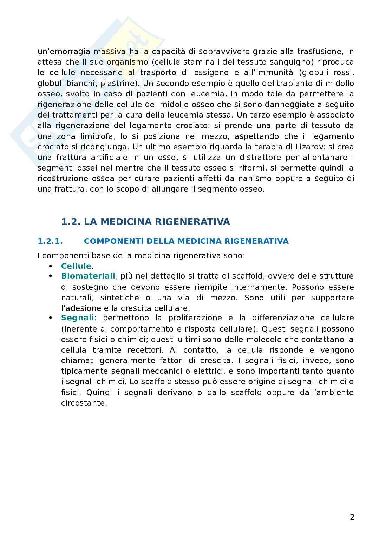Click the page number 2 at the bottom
click(352, 517)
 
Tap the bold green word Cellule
click(76, 266)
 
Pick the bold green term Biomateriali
click(88, 276)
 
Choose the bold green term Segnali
click(77, 318)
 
